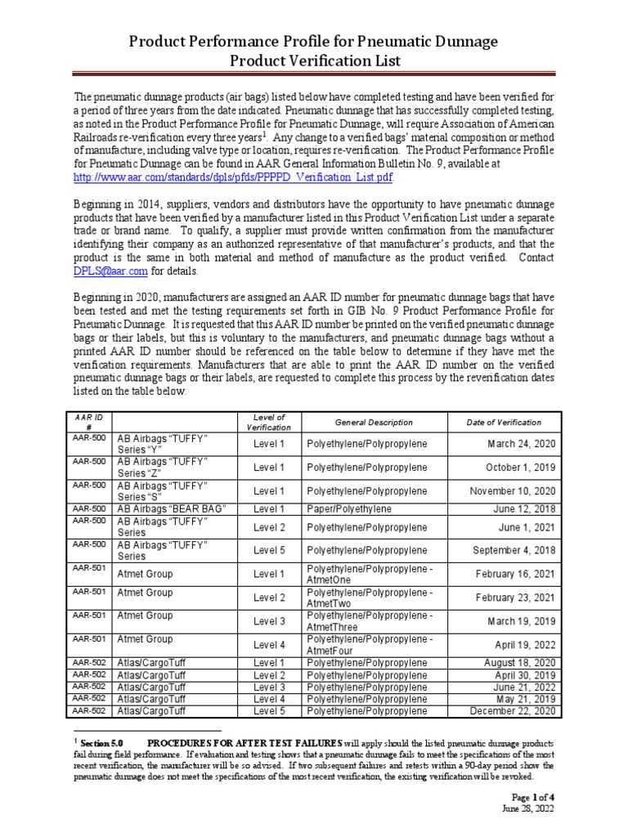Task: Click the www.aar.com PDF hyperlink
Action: [x=233, y=177]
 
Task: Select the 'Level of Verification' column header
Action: [x=268, y=422]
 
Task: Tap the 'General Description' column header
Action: [x=374, y=423]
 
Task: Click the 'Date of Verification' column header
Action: [x=505, y=423]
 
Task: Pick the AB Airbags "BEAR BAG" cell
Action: [x=172, y=508]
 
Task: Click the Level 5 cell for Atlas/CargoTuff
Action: [x=269, y=711]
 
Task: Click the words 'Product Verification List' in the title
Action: [x=314, y=61]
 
